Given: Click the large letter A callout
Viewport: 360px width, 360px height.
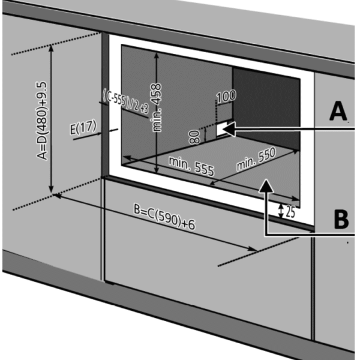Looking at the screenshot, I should coord(338,112).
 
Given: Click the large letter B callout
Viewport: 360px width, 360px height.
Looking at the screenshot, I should coord(340,219).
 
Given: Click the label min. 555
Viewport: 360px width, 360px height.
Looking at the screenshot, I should coord(190,166).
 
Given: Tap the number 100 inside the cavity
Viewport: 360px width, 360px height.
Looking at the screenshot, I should coord(226,95).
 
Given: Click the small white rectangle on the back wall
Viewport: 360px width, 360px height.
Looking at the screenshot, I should coord(223,128).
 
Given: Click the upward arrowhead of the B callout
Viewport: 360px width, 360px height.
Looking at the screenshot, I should coord(265,188).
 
